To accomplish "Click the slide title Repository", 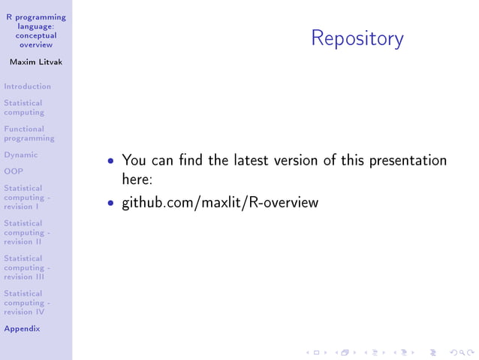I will [357, 38].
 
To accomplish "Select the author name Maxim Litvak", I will [36, 62].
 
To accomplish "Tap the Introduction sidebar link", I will [27, 86].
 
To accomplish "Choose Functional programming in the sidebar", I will [29, 134].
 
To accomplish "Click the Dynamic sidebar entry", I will [20, 155].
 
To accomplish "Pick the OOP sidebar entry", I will [14, 171].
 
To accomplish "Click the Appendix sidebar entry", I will [22, 328].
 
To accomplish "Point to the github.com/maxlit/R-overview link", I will [220, 202].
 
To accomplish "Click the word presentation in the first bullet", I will [407, 161].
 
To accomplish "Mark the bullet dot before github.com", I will [111, 203].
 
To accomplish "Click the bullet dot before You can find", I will [111, 161].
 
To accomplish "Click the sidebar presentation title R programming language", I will [36, 31].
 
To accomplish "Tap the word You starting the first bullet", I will [134, 160].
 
